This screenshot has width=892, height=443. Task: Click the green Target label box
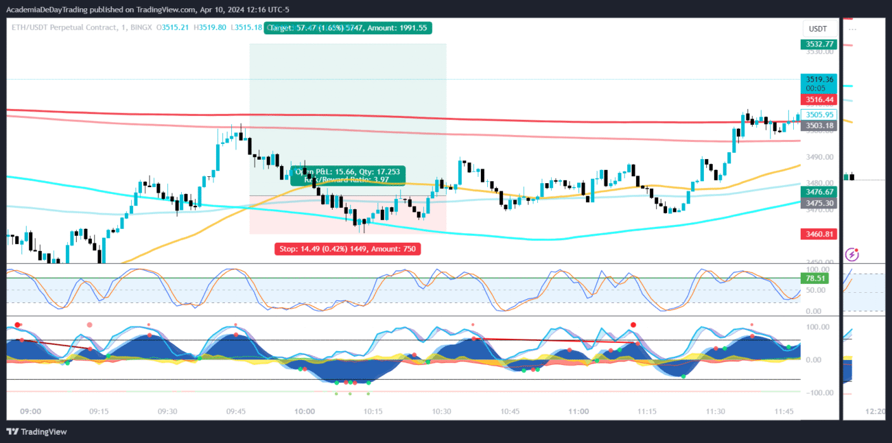click(349, 28)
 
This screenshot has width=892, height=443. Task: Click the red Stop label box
click(348, 249)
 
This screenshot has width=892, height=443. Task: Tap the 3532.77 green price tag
click(819, 45)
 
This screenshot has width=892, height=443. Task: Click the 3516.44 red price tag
click(819, 99)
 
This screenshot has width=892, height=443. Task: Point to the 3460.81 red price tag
click(819, 235)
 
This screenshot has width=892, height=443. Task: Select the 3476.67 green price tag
click(819, 193)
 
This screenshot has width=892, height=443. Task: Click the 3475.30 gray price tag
click(819, 203)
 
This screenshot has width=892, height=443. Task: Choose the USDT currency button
click(818, 29)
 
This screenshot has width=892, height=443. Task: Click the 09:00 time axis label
click(31, 411)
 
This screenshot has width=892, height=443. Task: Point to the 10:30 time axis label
click(442, 411)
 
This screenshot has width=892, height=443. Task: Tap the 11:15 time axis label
click(647, 411)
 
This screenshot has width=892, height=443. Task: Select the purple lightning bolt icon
click(852, 254)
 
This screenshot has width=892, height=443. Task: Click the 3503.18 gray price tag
click(819, 125)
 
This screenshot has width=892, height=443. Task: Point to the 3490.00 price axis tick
click(819, 157)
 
